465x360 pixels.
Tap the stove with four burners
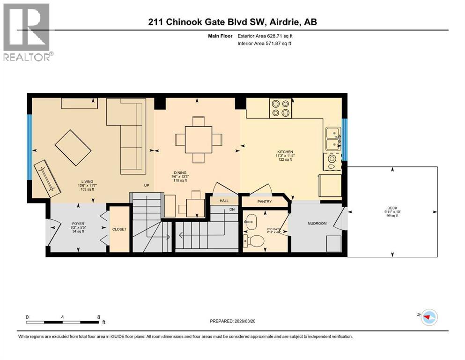click(x=280, y=108)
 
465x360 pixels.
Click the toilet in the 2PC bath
click(x=256, y=241)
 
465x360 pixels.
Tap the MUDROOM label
click(x=317, y=224)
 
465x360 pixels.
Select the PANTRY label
click(x=265, y=202)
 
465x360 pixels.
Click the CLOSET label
click(x=119, y=230)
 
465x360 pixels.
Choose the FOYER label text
click(x=78, y=224)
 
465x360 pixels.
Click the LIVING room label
click(x=87, y=181)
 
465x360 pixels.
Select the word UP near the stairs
click(x=147, y=186)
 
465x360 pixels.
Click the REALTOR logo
click(x=26, y=32)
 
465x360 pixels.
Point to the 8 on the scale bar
click(x=98, y=316)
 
